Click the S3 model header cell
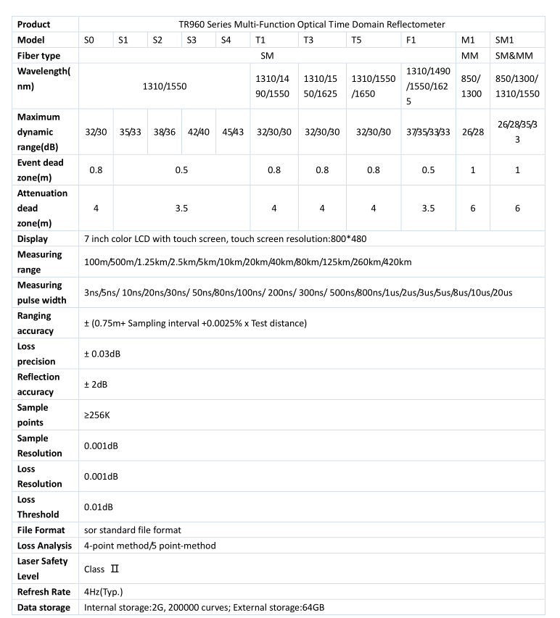point(192,40)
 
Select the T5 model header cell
point(357,40)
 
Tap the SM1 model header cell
point(504,40)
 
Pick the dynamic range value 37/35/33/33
point(428,132)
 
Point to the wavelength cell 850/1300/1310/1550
point(517,85)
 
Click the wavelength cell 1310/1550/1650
point(374,85)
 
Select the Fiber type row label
point(38,55)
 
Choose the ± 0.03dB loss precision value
point(101,353)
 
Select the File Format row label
point(43,530)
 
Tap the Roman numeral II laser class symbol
point(114,569)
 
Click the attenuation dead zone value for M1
point(472,208)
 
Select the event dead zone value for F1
point(428,170)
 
